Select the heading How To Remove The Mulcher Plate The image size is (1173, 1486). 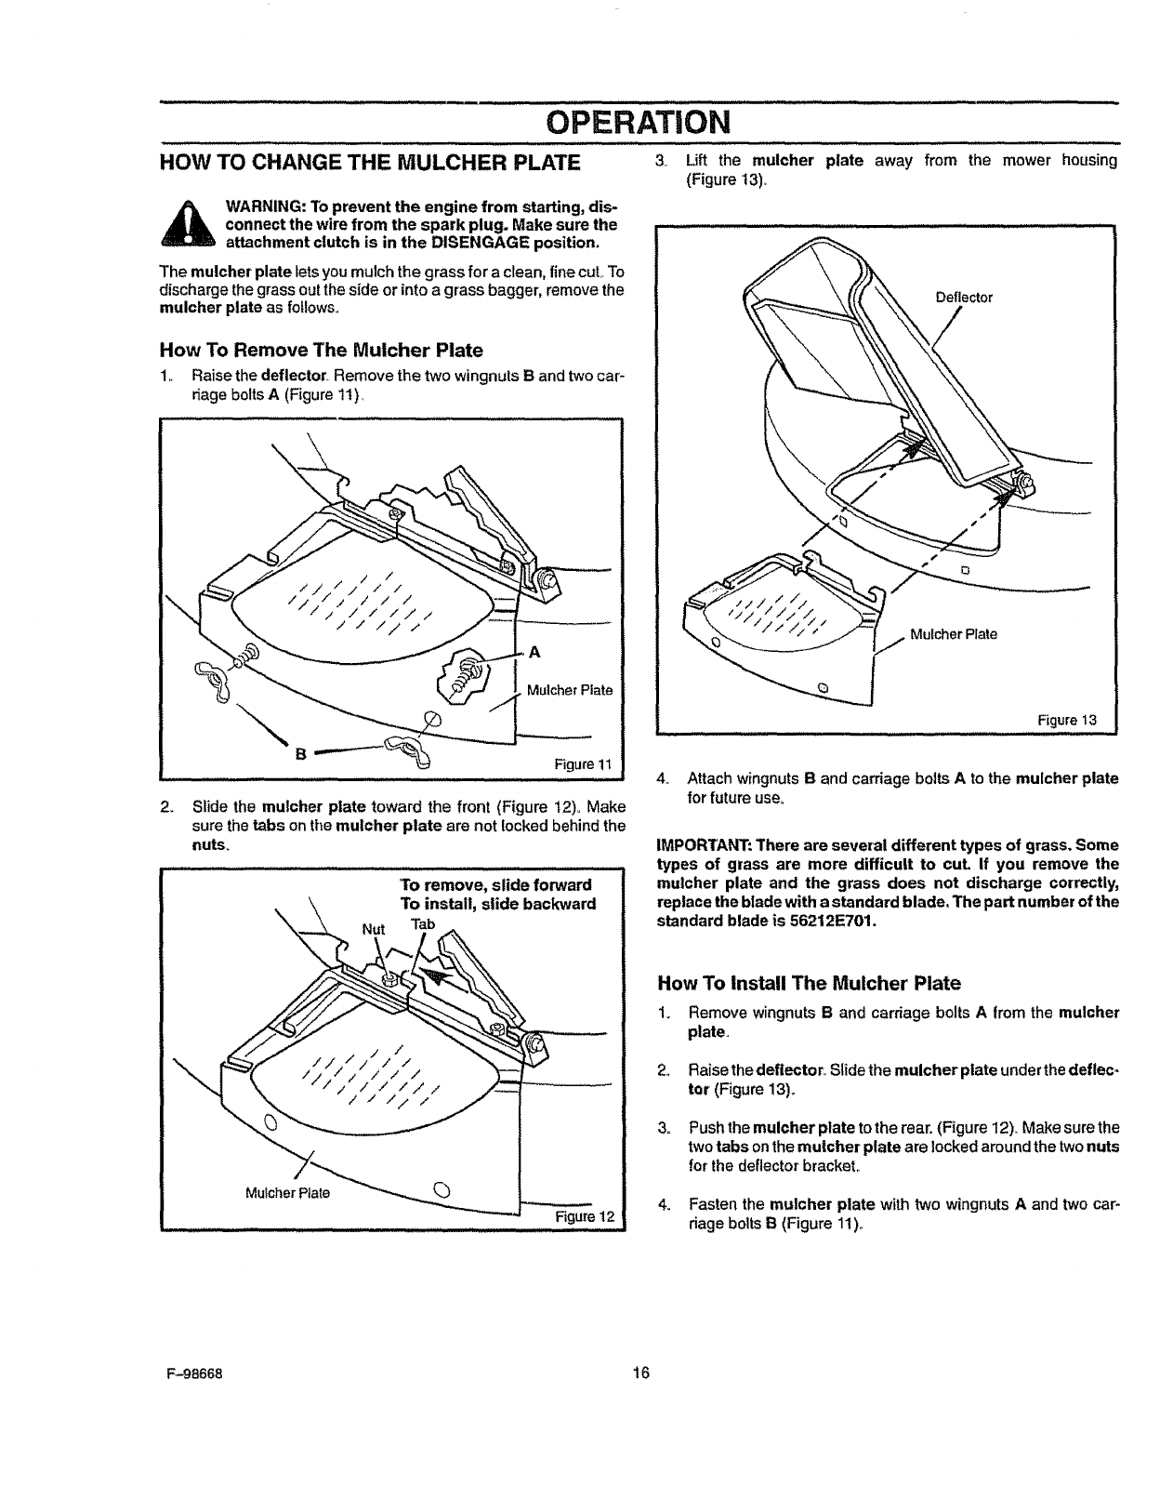pos(322,351)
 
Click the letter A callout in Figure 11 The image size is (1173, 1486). pos(534,652)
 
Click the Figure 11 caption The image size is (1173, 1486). pos(582,764)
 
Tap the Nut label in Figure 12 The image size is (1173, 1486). pos(373,928)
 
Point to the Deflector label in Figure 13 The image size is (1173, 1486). pos(964,298)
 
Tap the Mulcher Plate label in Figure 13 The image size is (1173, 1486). pos(954,634)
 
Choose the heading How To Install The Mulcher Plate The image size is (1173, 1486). pos(809,983)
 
